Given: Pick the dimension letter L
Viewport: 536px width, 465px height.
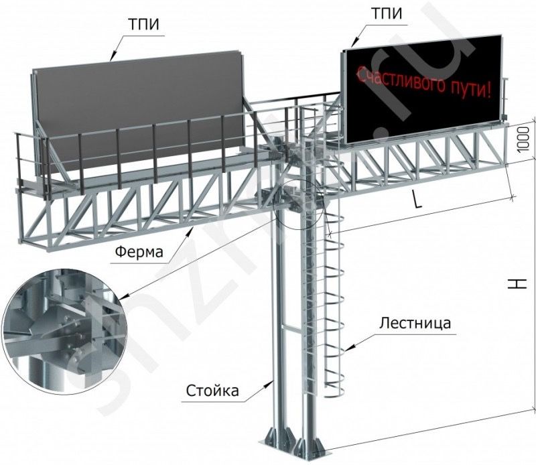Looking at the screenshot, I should [x=417, y=202].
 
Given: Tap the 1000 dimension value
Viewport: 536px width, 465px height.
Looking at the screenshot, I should [x=525, y=141].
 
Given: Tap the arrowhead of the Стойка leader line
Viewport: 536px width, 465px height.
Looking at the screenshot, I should [x=273, y=379].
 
